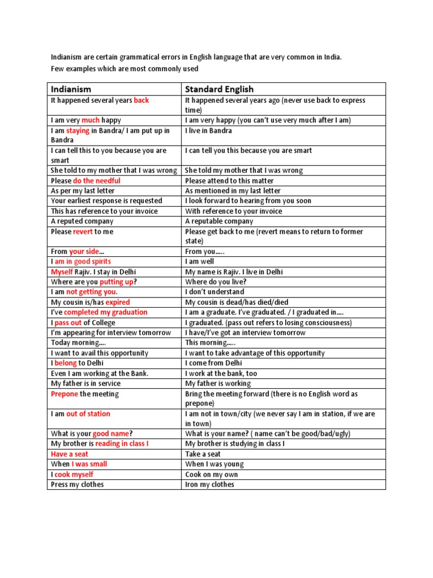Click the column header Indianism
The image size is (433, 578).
tap(71, 89)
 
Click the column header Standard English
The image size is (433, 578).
tap(219, 89)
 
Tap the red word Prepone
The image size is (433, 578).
tap(64, 394)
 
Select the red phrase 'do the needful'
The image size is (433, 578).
tap(96, 181)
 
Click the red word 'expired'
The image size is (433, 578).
tap(118, 302)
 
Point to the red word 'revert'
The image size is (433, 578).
tap(83, 231)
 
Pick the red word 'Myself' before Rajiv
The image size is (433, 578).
tap(62, 272)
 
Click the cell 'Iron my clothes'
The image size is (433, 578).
tap(210, 484)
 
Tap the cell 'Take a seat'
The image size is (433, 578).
tap(203, 454)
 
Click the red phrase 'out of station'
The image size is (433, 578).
tap(88, 414)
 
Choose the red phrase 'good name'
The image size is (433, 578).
tap(111, 433)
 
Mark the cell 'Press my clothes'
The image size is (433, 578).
tap(77, 484)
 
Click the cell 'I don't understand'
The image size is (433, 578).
tap(215, 292)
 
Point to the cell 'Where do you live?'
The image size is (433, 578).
tap(216, 282)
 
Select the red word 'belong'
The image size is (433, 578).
tap(65, 363)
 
